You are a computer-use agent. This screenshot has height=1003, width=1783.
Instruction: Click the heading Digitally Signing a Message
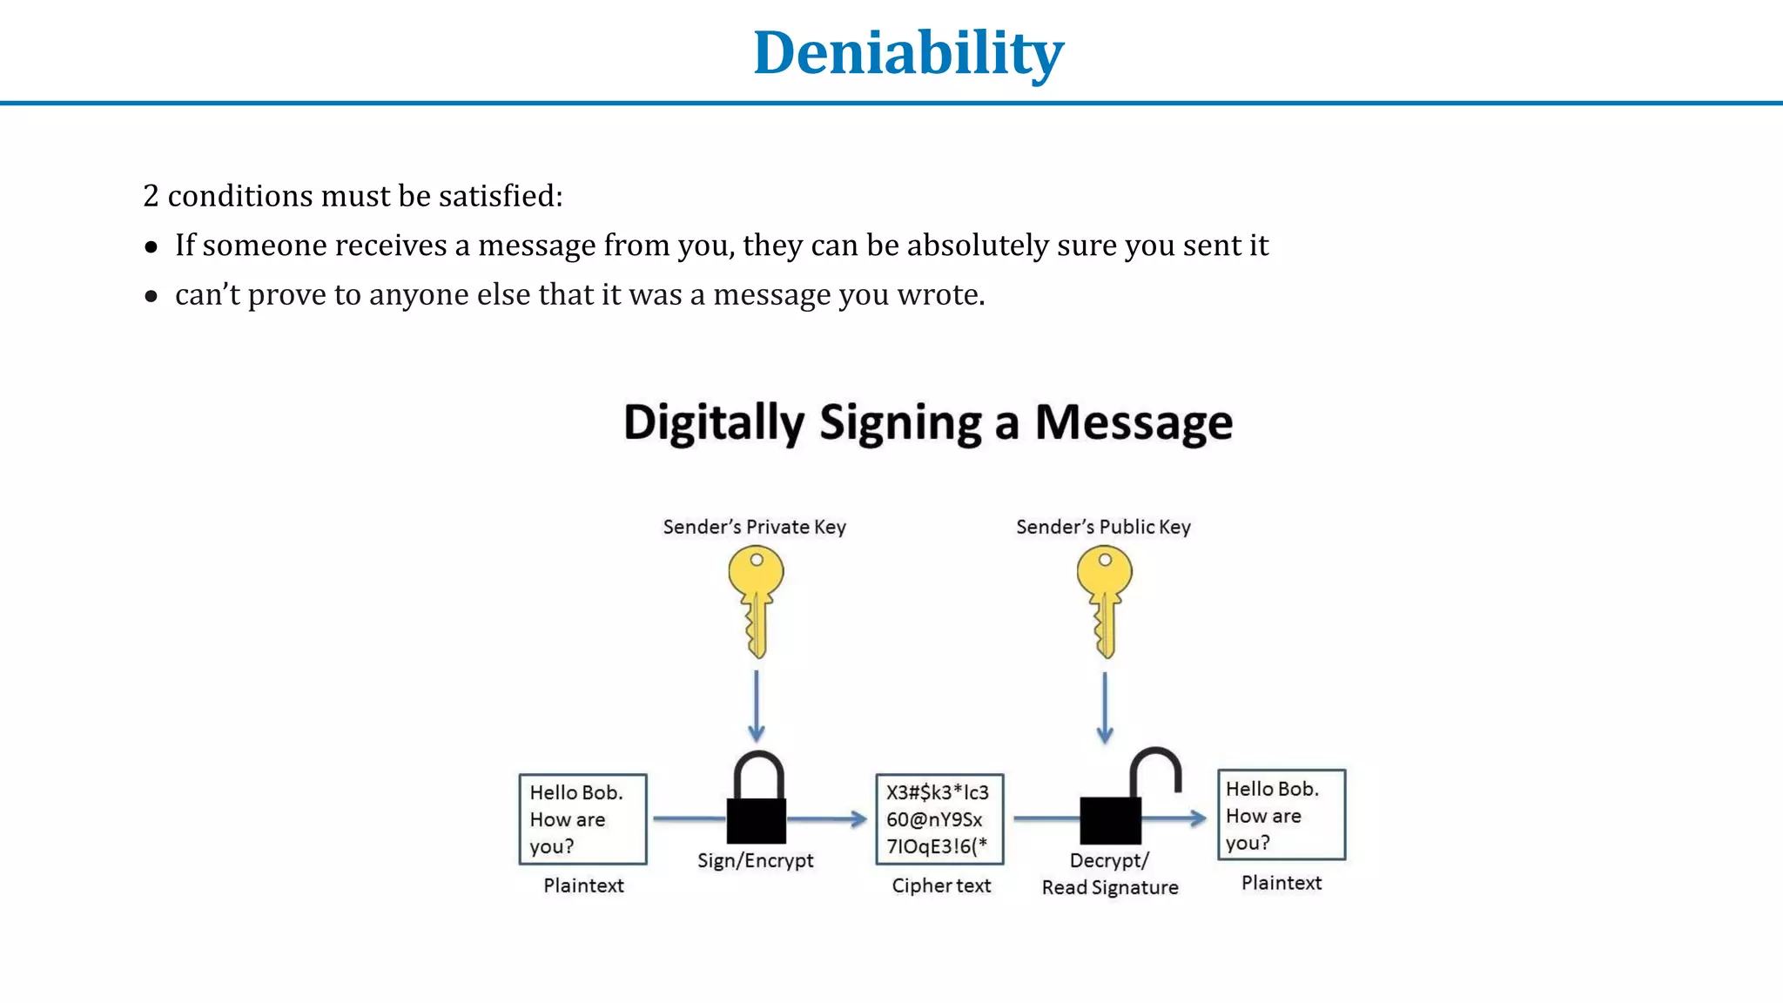click(928, 423)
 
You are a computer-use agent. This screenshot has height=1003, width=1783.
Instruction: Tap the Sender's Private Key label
click(754, 527)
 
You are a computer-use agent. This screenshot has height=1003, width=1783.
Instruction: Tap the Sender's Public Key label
click(1103, 527)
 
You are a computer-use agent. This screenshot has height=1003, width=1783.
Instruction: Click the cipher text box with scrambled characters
click(939, 819)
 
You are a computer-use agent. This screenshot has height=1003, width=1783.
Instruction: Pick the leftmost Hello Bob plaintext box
click(582, 819)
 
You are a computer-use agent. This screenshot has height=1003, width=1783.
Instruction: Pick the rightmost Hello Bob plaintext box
click(1281, 815)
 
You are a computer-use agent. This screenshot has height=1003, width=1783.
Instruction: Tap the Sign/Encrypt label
click(755, 860)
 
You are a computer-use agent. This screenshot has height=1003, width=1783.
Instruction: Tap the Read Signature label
click(1110, 887)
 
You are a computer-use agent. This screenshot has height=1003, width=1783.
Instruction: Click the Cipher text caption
click(941, 885)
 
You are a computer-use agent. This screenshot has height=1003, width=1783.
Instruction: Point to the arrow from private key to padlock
click(757, 705)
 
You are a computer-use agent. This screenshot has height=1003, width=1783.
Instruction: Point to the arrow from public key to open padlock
click(1105, 705)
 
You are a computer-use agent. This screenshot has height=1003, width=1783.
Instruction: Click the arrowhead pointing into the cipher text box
click(859, 818)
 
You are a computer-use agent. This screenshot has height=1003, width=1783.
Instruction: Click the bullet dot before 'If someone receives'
click(151, 247)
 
